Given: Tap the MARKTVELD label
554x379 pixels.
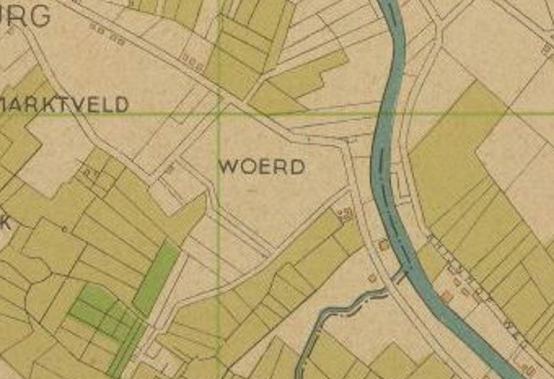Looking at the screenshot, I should click(64, 105).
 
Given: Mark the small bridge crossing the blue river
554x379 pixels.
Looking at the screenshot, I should click(401, 277).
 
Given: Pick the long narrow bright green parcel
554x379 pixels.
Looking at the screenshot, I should click(157, 277).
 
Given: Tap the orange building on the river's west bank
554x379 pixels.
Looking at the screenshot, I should click(383, 246).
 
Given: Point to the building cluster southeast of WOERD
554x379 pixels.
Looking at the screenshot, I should click(344, 214).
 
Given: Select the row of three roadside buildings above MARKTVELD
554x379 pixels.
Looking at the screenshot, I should click(192, 63).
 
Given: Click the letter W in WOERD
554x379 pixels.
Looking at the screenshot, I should click(228, 167).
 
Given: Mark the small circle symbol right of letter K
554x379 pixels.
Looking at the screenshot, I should click(64, 229).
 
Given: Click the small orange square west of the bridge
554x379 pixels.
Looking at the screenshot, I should click(373, 278).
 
